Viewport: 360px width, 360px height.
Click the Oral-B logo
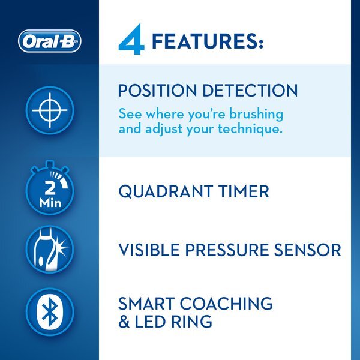point(49,41)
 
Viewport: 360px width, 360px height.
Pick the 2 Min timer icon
point(50,191)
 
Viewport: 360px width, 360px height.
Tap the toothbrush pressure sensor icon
point(50,251)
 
